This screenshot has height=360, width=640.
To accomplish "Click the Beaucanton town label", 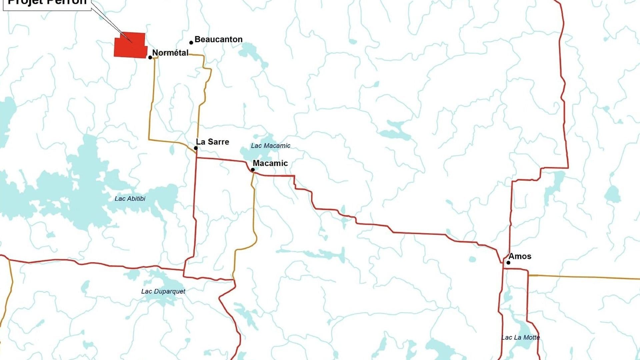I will pos(218,39).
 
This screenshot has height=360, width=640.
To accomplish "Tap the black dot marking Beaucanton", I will pos(191,43).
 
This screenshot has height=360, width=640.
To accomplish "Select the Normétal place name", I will pos(170,53).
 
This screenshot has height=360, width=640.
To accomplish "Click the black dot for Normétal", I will pos(150,58).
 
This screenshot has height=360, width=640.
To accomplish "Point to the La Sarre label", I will pos(212,142).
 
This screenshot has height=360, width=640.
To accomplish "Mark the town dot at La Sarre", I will pos(196,148).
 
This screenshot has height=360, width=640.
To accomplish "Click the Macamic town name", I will pos(270,163).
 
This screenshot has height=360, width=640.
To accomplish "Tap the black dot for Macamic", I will pos(253,170).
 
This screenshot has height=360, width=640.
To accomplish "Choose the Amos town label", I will pos(520,256).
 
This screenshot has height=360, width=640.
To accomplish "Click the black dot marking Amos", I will pos(508,263).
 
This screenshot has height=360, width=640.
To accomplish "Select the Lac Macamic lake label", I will pos(270,146).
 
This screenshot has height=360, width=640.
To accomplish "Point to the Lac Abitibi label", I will pos(130,199).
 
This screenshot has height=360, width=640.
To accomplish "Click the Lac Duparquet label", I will pos(163,291).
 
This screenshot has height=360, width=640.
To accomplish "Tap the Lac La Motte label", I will pos(520,337).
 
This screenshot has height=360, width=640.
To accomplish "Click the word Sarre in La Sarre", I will pos(218,142).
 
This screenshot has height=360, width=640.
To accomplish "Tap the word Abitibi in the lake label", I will pos(136,199).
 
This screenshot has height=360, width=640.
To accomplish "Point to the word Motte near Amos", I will pos(531,337).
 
